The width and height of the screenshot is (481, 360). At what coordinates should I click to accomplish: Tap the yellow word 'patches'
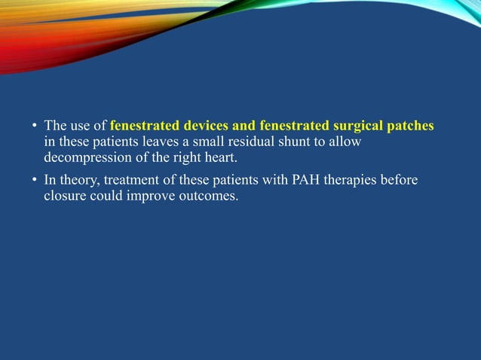click(411, 125)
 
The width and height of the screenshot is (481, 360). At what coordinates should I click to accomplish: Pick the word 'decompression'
click(83, 159)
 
